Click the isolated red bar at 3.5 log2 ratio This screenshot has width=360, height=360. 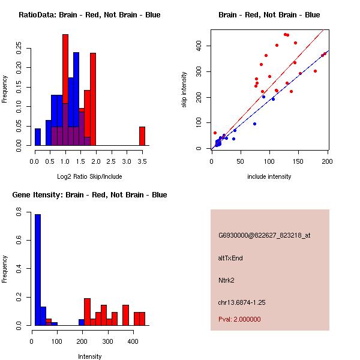pyautogui.click(x=142, y=136)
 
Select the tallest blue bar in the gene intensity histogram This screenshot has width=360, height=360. pyautogui.click(x=38, y=270)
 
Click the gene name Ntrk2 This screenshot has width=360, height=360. pyautogui.click(x=226, y=280)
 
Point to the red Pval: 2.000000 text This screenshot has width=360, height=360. pyautogui.click(x=239, y=319)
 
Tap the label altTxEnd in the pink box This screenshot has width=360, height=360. pyautogui.click(x=230, y=258)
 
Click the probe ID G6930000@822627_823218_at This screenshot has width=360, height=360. pyautogui.click(x=264, y=235)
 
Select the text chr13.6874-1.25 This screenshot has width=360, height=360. pyautogui.click(x=242, y=302)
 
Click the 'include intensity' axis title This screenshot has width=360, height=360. pyautogui.click(x=269, y=176)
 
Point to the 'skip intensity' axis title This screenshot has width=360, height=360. pyautogui.click(x=184, y=89)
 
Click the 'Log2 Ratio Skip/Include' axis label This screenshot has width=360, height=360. pyautogui.click(x=89, y=176)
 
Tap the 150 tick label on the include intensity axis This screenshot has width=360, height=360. pyautogui.click(x=298, y=161)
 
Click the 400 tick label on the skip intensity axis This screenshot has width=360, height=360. pyautogui.click(x=199, y=46)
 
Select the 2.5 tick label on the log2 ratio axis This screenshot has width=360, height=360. pyautogui.click(x=111, y=161)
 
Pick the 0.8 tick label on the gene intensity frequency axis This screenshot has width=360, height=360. pyautogui.click(x=19, y=212)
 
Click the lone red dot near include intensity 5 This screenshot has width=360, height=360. pyautogui.click(x=215, y=133)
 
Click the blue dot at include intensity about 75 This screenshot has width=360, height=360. pyautogui.click(x=254, y=124)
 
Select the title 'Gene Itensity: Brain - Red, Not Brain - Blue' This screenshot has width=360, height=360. pyautogui.click(x=89, y=194)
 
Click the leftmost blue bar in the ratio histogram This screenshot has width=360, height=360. pyautogui.click(x=38, y=137)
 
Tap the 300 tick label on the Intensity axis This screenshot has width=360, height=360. pyautogui.click(x=107, y=341)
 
